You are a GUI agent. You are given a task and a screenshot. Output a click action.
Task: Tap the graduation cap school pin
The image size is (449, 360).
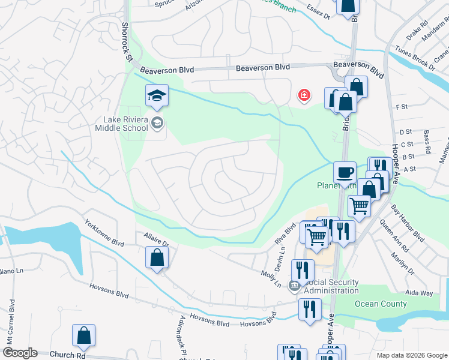click(x=157, y=95)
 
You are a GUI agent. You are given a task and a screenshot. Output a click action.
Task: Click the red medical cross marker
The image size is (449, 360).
click(x=304, y=95)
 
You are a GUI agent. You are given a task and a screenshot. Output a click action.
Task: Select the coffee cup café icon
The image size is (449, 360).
click(x=345, y=172)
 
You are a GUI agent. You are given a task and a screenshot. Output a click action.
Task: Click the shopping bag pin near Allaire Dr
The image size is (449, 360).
click(x=157, y=258)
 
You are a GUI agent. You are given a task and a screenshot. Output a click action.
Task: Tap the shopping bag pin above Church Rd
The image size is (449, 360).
click(x=83, y=335)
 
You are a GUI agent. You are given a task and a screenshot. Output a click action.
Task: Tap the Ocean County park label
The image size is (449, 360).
click(x=381, y=304)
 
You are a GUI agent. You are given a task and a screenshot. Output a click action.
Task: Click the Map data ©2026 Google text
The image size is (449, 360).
click(x=411, y=355)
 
